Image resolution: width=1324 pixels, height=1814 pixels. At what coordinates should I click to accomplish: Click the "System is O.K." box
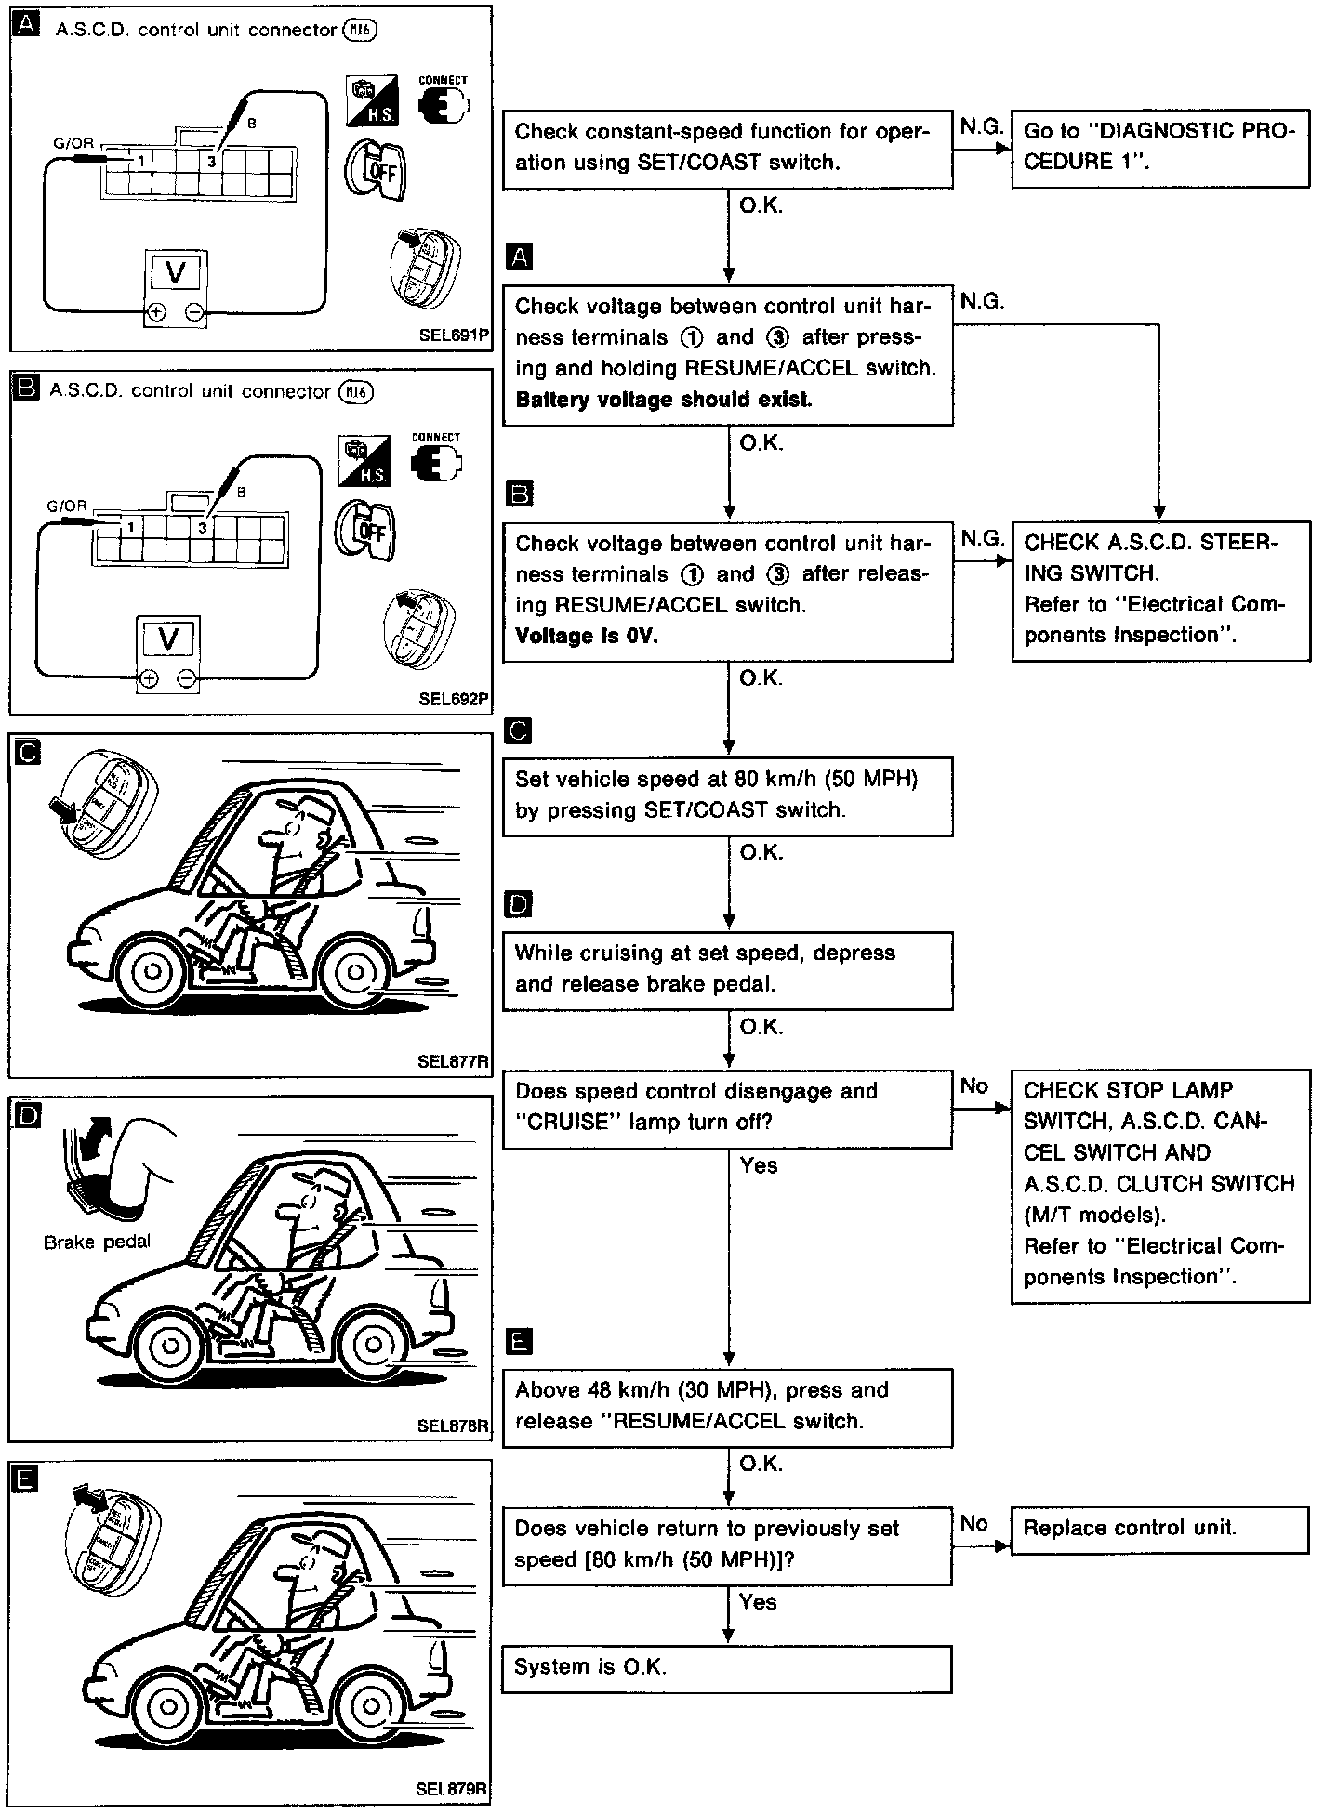(x=726, y=1668)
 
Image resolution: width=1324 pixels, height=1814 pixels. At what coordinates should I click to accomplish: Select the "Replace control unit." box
(x=1159, y=1528)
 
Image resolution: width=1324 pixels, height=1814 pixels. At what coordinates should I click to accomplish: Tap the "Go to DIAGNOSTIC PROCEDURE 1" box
(x=1159, y=147)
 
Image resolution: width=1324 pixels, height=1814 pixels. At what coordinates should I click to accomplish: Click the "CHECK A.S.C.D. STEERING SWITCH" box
(x=1159, y=589)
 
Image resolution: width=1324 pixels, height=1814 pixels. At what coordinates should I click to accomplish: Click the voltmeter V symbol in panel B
(x=168, y=638)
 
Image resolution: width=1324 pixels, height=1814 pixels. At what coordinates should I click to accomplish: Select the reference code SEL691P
(x=453, y=335)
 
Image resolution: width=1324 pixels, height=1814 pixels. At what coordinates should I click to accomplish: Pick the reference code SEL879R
(x=452, y=1789)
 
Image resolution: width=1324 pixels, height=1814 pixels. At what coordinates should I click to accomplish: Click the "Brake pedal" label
(x=97, y=1242)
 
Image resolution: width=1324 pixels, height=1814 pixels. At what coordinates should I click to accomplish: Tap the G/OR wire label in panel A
(x=74, y=144)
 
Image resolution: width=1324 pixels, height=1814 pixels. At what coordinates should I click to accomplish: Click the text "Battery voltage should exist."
(x=663, y=400)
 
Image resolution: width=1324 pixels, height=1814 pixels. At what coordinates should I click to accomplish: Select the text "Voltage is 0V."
(x=586, y=636)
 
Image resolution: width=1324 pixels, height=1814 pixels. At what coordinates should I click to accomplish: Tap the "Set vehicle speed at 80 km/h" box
(x=726, y=795)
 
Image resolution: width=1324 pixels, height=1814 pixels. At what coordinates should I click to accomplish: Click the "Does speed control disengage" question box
(x=726, y=1107)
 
